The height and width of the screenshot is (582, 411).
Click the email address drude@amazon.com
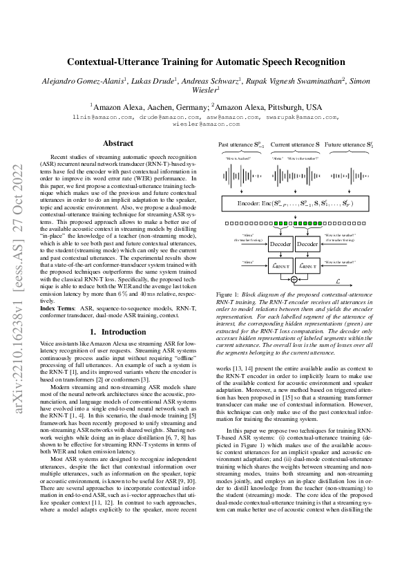click(x=160, y=118)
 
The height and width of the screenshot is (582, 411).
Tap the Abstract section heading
click(x=118, y=144)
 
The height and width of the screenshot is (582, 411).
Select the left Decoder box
click(x=280, y=244)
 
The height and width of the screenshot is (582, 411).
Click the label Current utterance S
click(x=294, y=145)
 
